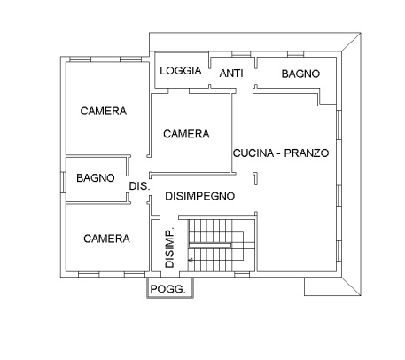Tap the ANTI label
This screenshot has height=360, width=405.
(231, 74)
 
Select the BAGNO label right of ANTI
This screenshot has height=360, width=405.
(300, 74)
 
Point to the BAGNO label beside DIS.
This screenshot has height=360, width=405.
(95, 177)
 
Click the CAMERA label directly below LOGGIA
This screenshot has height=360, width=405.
(186, 134)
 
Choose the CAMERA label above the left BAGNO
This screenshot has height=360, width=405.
(103, 112)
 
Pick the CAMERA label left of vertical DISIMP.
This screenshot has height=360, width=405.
(106, 239)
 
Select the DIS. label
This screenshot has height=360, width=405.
(138, 186)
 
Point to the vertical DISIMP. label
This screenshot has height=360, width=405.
(169, 247)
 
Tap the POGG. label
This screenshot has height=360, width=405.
(167, 290)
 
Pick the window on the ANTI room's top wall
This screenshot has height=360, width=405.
(231, 58)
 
